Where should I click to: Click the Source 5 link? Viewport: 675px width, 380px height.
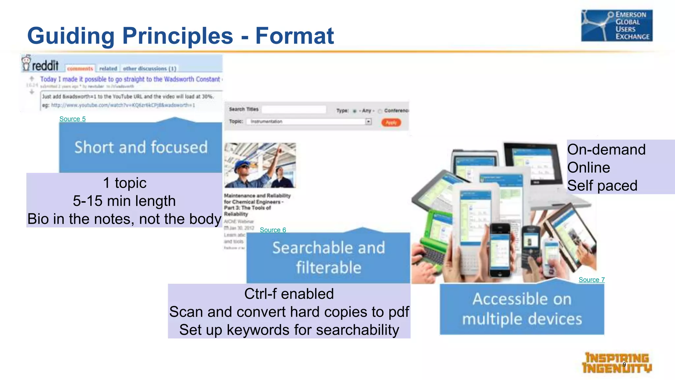[x=72, y=119]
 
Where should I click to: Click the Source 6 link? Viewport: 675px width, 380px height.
[x=273, y=230]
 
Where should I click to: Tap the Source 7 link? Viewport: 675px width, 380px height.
[x=591, y=280]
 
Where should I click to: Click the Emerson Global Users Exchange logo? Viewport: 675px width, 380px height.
[x=616, y=26]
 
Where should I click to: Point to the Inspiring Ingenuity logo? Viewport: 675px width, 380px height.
[x=616, y=363]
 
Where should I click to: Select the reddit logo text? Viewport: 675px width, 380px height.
[x=45, y=65]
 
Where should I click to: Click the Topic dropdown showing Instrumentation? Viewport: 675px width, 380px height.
[x=310, y=122]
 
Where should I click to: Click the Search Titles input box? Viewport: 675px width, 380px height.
[x=294, y=109]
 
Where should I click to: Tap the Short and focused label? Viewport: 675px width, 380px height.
[x=141, y=147]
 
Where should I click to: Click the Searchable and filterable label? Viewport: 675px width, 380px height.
[x=328, y=257]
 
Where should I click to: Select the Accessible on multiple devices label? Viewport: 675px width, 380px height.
[x=522, y=309]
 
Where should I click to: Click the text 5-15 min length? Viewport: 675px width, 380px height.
[x=124, y=201]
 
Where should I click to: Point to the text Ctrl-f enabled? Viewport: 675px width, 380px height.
[x=289, y=294]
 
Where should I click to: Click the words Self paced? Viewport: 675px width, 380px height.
[x=602, y=185]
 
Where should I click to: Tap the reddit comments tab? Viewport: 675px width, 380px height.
[x=80, y=69]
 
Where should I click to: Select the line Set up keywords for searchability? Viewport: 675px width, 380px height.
[x=289, y=330]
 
